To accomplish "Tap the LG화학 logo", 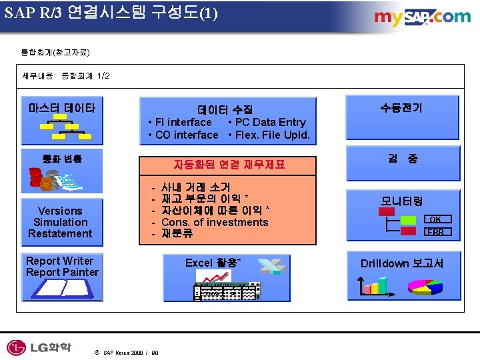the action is pos(39,347).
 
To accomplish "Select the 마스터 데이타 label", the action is pos(62,107).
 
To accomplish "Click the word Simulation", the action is pos(61,222).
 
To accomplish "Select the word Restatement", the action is pos(61,233).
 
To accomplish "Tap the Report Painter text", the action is pos(62,272).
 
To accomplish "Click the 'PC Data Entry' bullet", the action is pos(267,122).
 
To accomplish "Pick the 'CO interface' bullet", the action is pos(183,135).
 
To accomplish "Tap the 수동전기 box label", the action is pos(401,107).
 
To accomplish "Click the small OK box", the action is pos(435,219).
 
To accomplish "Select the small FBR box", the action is pos(435,232).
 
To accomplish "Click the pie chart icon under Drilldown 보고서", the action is pos(426,287).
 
